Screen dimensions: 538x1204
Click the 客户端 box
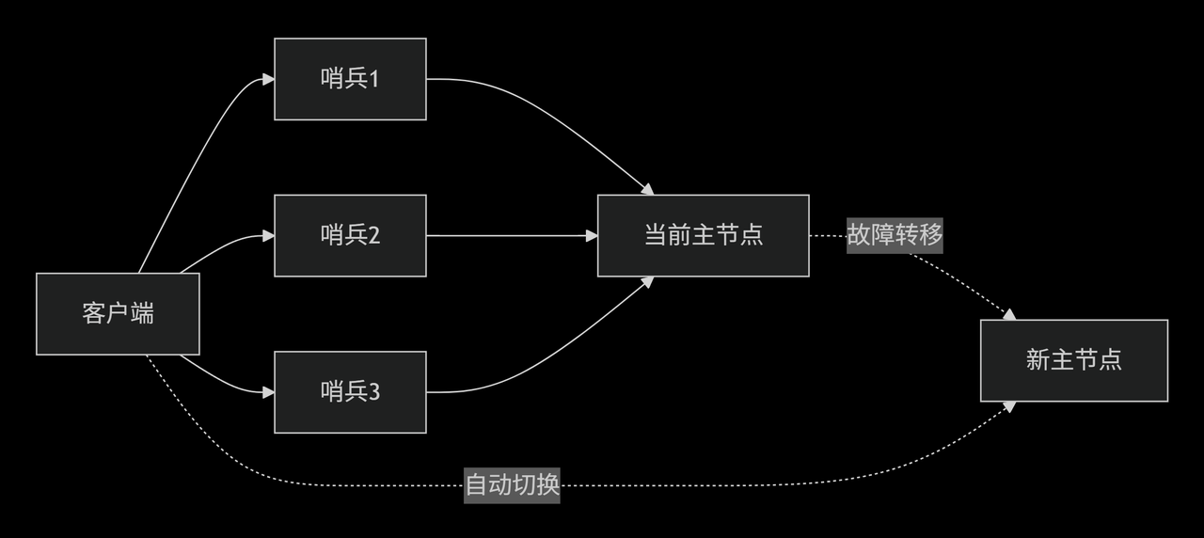coord(118,314)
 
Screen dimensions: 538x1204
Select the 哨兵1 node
coord(350,79)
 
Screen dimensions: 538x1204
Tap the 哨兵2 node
coord(350,235)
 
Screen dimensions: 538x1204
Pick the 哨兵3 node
coord(350,391)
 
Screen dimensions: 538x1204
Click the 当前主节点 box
coord(703,235)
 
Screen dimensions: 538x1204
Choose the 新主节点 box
coord(1073,360)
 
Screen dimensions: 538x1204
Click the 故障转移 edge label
coord(895,235)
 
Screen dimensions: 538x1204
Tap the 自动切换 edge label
coord(513,485)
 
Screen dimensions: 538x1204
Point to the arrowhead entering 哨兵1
coord(268,79)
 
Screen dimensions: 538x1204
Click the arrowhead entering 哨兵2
coord(268,236)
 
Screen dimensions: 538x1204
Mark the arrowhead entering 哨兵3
coord(268,391)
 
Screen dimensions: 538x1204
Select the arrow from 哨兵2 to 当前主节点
coord(513,235)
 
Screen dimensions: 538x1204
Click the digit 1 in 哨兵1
coord(373,79)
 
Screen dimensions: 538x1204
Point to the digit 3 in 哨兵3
coord(373,391)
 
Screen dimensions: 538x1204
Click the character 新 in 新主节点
coord(1038,360)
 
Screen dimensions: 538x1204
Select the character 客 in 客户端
coord(94,314)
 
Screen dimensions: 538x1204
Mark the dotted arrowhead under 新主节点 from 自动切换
coord(1010,406)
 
